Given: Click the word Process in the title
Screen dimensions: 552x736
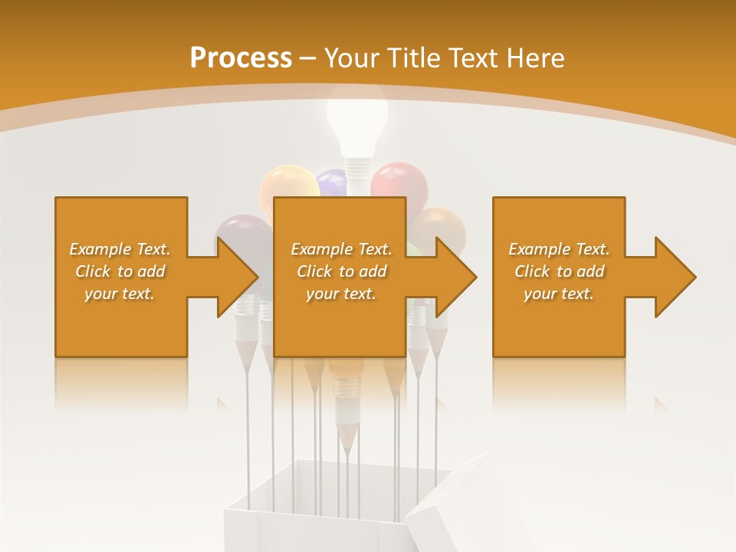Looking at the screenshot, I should click(241, 58).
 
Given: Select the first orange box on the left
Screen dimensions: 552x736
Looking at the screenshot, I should click(121, 277).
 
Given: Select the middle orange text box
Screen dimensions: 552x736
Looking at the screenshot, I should click(340, 277).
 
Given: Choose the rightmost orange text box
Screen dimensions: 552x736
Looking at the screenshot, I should click(558, 277).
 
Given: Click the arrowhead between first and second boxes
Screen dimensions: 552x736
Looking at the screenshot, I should click(238, 277).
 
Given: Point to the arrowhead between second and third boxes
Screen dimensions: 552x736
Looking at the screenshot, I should click(456, 277).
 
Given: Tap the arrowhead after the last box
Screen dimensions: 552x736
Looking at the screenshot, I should click(675, 277).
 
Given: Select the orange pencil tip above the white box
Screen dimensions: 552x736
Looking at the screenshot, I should click(347, 437).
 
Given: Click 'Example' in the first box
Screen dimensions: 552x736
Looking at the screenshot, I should click(100, 249).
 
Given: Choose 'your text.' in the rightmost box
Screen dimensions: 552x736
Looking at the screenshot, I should click(558, 294).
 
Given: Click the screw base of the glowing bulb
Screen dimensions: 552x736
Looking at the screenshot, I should click(357, 167).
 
